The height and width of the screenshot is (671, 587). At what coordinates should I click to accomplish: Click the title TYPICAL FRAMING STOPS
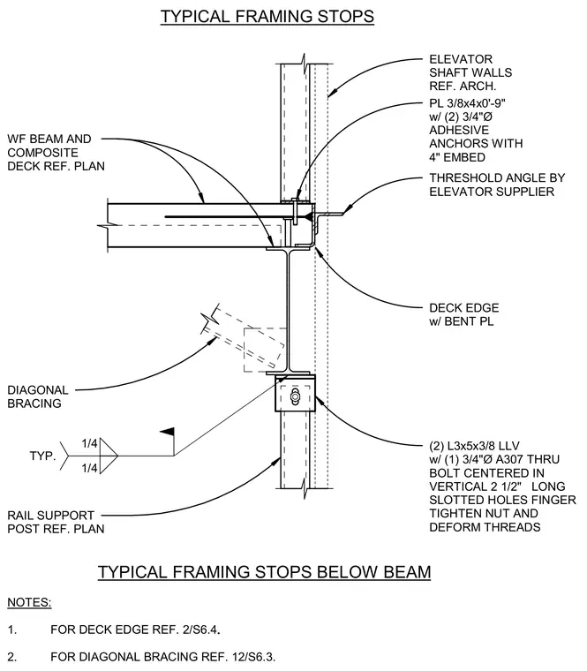coord(267,16)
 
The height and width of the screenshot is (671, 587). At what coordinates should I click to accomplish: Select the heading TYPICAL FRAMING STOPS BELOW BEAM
coord(265,572)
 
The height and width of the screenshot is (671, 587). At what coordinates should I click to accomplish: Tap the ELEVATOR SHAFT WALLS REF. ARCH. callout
coord(470,72)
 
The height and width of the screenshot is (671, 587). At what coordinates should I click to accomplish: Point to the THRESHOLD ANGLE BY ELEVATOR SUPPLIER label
coord(497,185)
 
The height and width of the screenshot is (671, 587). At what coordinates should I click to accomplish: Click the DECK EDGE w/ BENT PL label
coord(463,314)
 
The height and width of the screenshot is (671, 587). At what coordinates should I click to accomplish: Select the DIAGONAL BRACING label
coord(38,396)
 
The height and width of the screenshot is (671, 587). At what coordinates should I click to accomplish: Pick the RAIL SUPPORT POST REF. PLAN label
coord(56,522)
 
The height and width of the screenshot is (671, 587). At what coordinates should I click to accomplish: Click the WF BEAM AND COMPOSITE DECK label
coord(56,153)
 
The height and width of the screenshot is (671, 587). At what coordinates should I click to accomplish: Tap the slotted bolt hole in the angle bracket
coord(295,396)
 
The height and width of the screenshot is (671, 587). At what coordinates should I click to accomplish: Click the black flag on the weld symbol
coord(168,432)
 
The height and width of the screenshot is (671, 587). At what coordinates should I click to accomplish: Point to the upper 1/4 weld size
coord(89,443)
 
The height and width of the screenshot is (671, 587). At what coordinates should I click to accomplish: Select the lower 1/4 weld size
coord(89,468)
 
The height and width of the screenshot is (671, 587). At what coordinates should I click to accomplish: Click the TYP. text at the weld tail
coord(42,456)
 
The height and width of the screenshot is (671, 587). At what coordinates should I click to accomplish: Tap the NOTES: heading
coord(29,602)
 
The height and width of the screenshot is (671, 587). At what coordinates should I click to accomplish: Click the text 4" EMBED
coord(457,157)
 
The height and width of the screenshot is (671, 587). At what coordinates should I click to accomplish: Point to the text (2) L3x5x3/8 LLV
coord(474,446)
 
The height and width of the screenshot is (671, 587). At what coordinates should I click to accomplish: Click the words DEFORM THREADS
coord(485,527)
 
